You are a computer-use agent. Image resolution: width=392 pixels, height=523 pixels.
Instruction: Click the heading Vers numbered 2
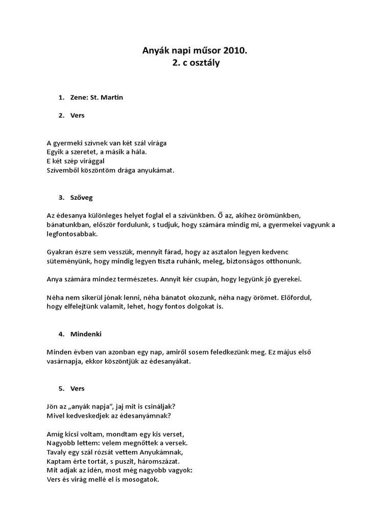78,115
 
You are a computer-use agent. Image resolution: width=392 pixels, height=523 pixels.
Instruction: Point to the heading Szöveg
82,197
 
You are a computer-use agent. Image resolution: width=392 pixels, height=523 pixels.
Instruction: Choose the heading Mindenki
86,334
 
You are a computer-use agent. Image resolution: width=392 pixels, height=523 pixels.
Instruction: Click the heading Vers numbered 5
78,388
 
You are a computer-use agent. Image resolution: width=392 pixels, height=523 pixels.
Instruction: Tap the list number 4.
61,334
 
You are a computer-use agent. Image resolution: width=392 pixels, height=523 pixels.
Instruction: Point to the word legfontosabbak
71,234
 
